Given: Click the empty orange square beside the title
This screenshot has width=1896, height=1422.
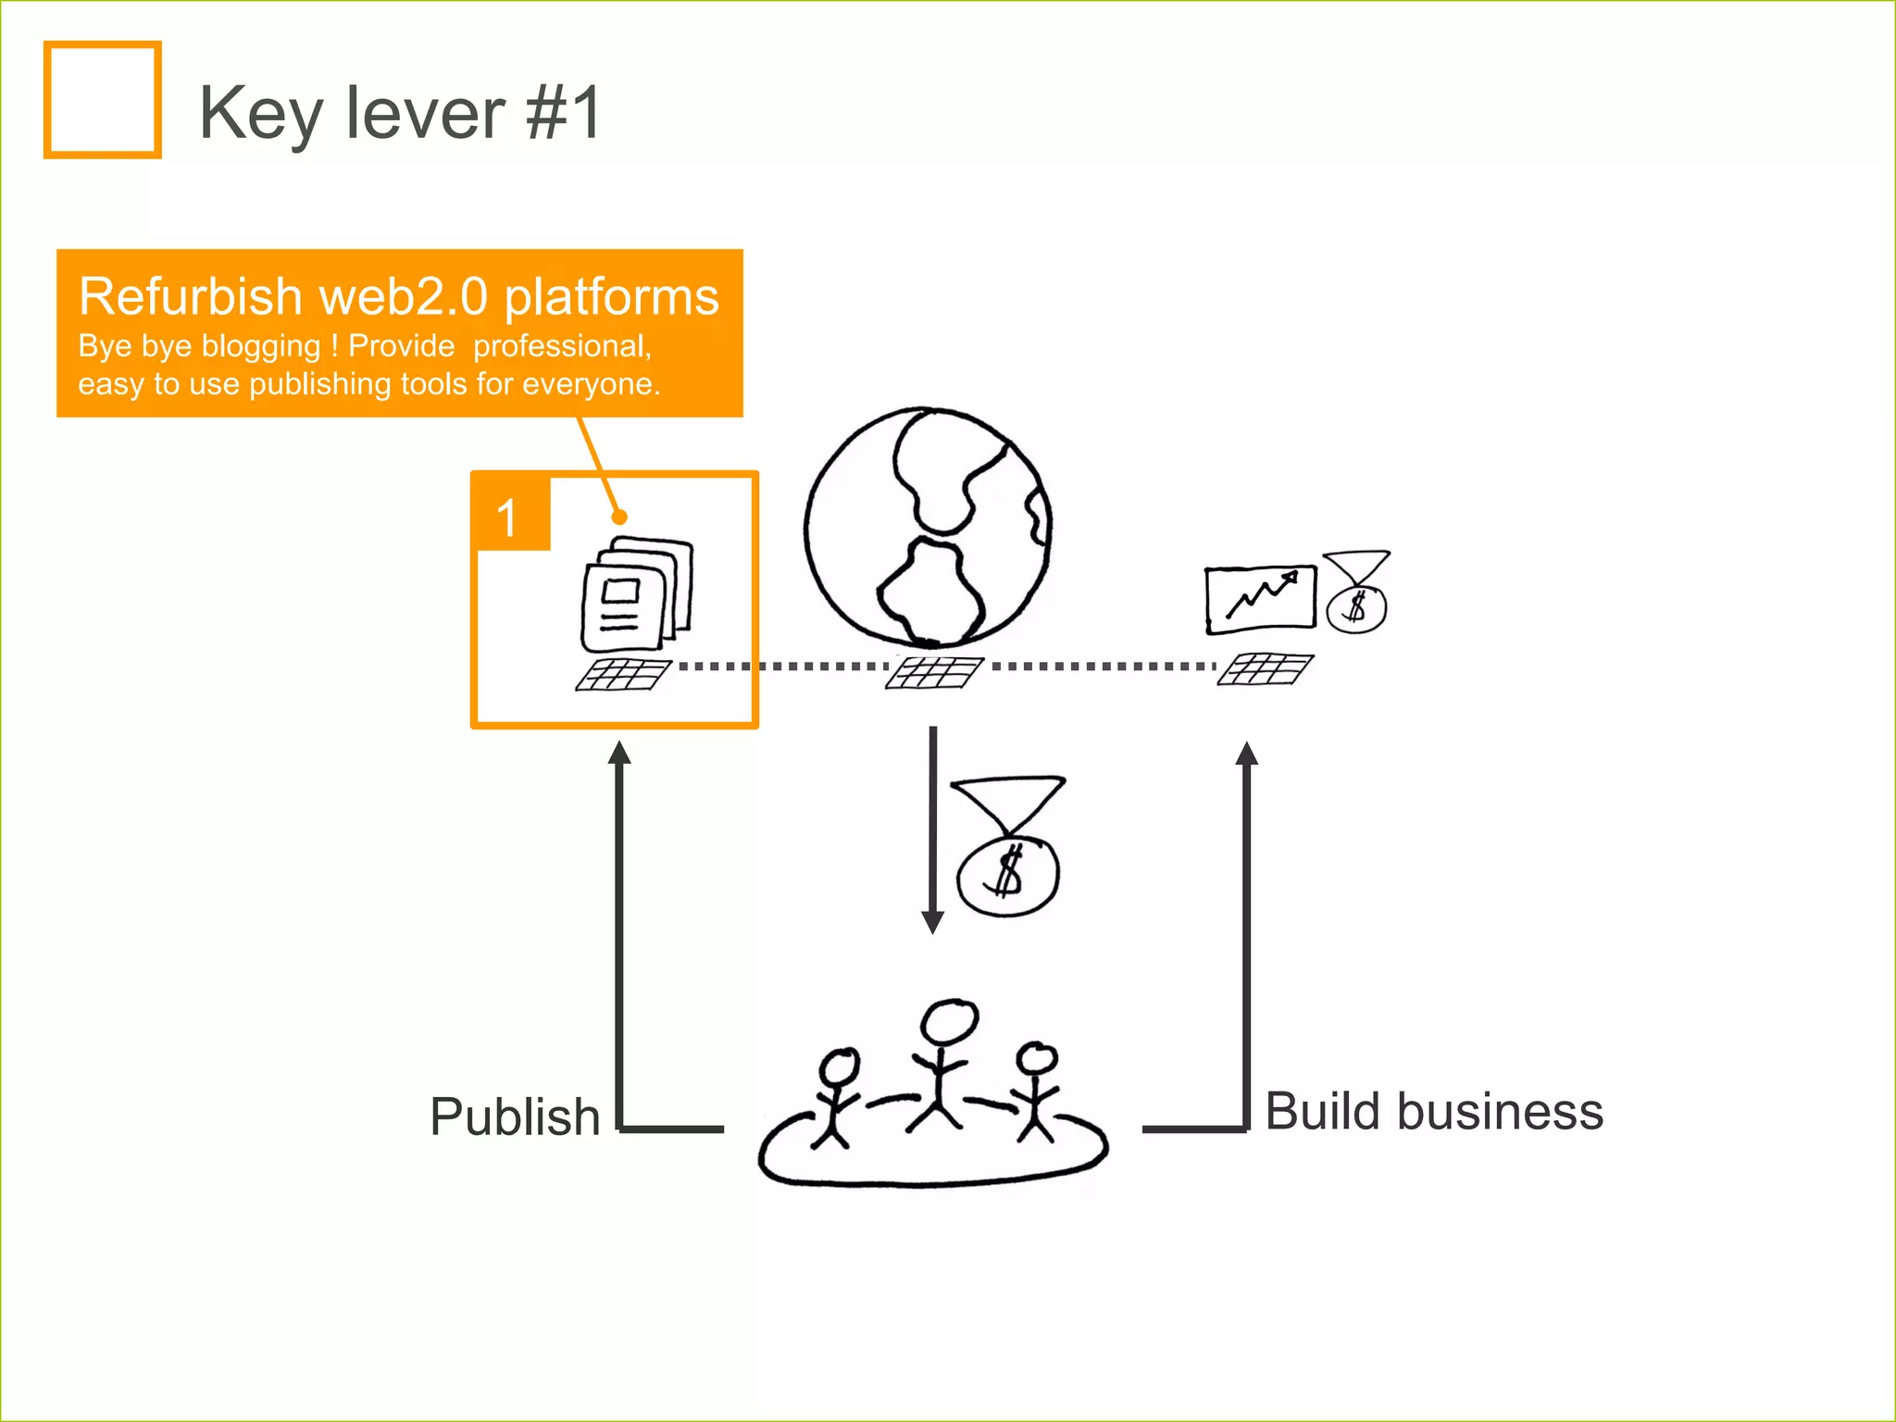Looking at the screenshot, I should (102, 100).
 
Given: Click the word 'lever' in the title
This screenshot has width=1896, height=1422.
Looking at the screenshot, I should (425, 113).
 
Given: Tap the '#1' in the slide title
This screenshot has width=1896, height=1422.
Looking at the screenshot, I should (564, 113).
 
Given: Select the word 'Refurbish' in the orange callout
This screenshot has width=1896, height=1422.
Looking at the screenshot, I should (191, 296).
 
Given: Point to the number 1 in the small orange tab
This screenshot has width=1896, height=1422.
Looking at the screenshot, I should (506, 517).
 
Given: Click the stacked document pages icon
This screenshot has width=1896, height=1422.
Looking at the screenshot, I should (635, 592).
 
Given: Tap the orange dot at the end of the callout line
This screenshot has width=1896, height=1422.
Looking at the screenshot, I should (619, 517).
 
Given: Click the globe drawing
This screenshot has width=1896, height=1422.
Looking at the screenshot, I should (928, 526).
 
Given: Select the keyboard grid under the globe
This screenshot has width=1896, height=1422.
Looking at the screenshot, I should (933, 673).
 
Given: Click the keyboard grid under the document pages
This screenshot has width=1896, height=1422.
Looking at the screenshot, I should (623, 674).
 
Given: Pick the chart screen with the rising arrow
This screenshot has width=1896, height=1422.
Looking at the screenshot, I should (1260, 599).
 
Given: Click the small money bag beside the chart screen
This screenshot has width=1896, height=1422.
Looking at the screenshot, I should (1356, 594).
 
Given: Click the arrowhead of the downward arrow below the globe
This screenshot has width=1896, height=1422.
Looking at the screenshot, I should (933, 922).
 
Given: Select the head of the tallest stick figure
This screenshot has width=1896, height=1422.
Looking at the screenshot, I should (949, 1021).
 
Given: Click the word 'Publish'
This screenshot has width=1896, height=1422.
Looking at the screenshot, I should (515, 1116).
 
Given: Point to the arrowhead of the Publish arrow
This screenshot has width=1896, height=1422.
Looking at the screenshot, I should (619, 753).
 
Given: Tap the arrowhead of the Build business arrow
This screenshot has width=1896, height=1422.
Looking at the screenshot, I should (1247, 753).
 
